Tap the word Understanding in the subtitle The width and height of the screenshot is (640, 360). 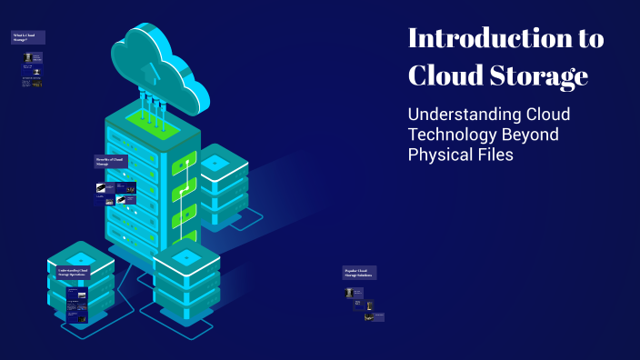tap(464, 115)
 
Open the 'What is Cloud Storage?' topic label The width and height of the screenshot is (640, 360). tap(27, 37)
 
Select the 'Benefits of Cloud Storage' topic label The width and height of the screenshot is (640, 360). tap(111, 162)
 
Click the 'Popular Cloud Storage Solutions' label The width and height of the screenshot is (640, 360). tap(359, 273)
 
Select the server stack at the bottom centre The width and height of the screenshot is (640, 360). tap(185, 282)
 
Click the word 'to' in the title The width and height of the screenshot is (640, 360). tap(587, 39)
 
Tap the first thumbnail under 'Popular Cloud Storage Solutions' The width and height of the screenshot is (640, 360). tap(348, 293)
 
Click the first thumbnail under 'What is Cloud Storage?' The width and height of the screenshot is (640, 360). tap(27, 56)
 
